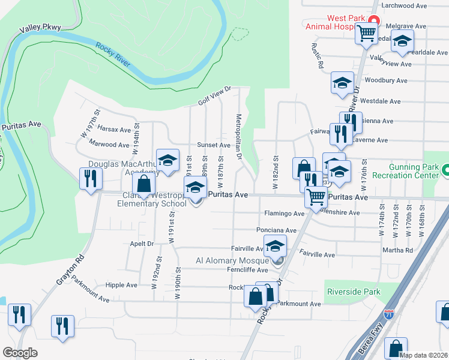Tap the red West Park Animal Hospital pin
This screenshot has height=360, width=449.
pyautogui.click(x=372, y=22)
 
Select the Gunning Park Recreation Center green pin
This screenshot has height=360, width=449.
pyautogui.click(x=445, y=170)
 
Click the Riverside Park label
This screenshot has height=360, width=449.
pyautogui.click(x=354, y=292)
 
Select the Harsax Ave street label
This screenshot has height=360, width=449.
pyautogui.click(x=113, y=130)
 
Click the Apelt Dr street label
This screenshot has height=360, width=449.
pyautogui.click(x=142, y=244)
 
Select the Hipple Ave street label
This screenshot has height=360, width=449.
pyautogui.click(x=121, y=285)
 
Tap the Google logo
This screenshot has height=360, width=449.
pyautogui.click(x=20, y=353)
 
